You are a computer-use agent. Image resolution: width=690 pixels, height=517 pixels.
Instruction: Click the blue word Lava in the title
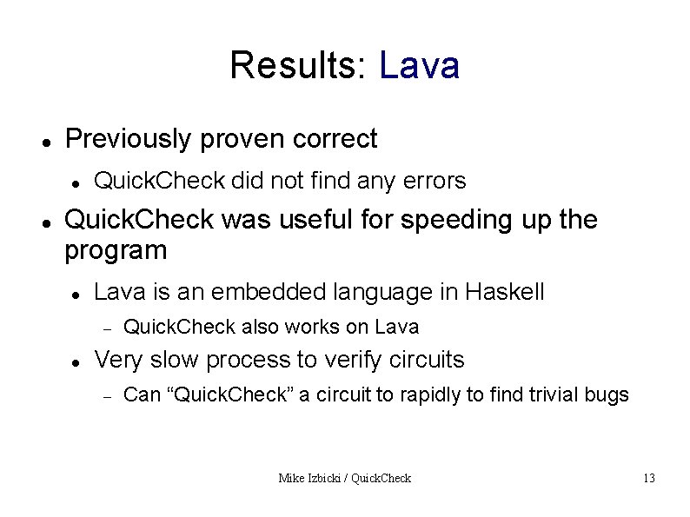[419, 65]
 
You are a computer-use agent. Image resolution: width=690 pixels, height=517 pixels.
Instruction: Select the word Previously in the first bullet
[126, 139]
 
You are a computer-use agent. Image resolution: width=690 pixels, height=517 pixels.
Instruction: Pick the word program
[116, 252]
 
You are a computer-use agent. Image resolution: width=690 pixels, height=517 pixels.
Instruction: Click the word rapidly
[431, 395]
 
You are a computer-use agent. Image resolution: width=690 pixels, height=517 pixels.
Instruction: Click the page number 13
[648, 478]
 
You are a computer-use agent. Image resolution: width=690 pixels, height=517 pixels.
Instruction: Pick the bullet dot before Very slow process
[76, 361]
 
